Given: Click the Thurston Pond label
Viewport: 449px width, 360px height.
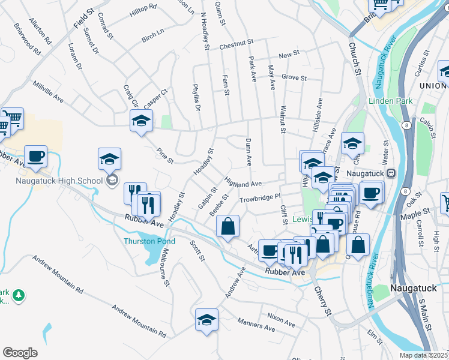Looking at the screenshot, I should tap(149, 241).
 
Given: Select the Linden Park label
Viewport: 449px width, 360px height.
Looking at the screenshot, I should tap(391, 101).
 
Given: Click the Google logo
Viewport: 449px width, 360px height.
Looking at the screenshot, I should tap(20, 353).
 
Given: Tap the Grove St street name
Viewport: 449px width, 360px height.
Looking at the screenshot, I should tap(294, 78).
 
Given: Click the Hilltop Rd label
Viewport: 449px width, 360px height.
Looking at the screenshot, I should tap(143, 7).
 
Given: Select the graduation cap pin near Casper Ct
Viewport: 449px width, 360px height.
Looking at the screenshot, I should tap(142, 121).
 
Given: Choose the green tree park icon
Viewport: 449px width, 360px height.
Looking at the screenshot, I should tap(19, 295).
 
